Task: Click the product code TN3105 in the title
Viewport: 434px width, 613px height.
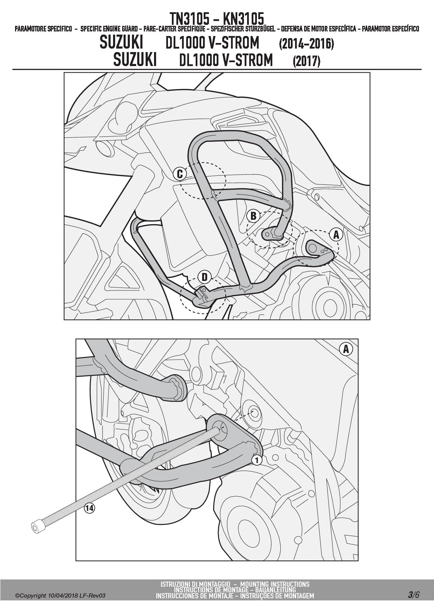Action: click(189, 19)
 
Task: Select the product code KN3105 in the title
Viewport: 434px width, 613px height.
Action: click(244, 19)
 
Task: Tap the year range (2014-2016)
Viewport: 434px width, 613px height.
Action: click(306, 44)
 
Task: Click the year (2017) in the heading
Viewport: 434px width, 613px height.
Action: click(307, 61)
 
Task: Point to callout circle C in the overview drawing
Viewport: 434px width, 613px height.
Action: click(180, 174)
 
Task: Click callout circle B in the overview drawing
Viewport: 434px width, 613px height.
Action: click(254, 216)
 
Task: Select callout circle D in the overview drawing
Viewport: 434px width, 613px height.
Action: click(204, 277)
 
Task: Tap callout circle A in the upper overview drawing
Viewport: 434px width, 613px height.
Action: click(336, 235)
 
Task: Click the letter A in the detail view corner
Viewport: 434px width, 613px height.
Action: click(346, 349)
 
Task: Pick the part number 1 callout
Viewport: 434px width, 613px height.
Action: click(257, 460)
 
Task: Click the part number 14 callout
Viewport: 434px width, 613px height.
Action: click(90, 508)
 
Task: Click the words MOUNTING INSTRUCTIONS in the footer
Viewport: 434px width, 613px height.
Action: click(275, 584)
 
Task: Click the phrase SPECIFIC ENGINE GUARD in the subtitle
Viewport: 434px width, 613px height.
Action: click(109, 29)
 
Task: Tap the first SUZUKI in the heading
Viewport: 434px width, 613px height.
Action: click(121, 43)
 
